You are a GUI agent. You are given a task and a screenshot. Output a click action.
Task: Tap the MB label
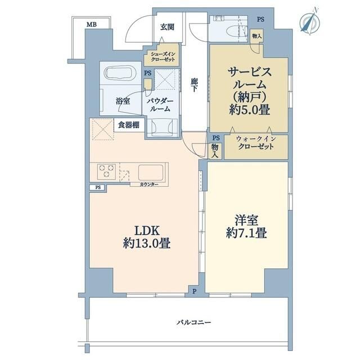tap(90, 24)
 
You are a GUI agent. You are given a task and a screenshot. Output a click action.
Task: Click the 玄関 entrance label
tap(167, 27)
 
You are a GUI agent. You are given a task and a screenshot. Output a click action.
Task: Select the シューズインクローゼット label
tap(163, 57)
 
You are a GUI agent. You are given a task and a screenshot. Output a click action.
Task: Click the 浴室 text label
tap(123, 101)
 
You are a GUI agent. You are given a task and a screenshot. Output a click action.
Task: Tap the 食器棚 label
tap(129, 125)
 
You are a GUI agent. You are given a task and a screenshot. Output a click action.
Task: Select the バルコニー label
tap(193, 322)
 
